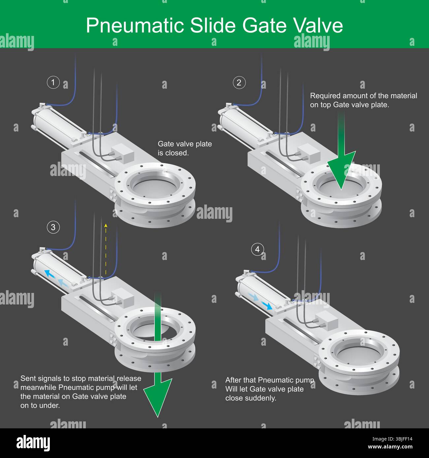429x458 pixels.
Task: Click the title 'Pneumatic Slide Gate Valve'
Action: pos(214,25)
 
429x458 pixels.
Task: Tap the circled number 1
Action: pos(53,82)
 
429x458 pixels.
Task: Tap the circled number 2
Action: pos(239,82)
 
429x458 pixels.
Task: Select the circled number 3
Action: pos(53,227)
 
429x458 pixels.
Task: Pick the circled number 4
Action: pos(257,249)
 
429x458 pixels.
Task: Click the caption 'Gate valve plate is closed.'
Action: pos(184,148)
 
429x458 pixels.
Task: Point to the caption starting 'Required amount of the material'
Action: pos(363,100)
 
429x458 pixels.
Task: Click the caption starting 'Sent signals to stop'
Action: pos(81,392)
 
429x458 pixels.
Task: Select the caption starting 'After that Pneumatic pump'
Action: pos(269,389)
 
